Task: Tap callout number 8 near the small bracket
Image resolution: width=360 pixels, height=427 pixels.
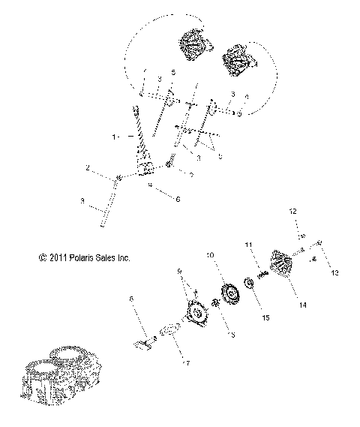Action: [132, 300]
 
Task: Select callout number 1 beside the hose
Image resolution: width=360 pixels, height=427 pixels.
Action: [114, 138]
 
